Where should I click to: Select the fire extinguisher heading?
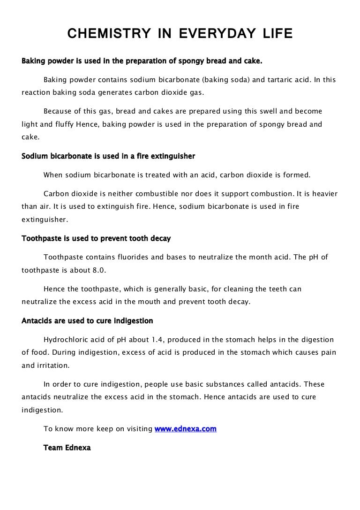pyautogui.click(x=108, y=156)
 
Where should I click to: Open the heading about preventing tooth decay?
pyautogui.click(x=96, y=238)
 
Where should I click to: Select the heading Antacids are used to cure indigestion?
pyautogui.click(x=87, y=321)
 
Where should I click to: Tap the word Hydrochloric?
pyautogui.click(x=67, y=339)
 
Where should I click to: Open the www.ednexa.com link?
pyautogui.click(x=186, y=429)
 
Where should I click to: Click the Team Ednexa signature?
pyautogui.click(x=67, y=448)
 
